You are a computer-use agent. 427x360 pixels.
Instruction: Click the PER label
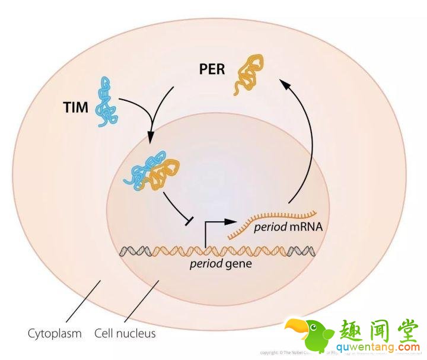click(x=211, y=69)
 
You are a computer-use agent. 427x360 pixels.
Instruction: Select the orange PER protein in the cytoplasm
click(x=248, y=74)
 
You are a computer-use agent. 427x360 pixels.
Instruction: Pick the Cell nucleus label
click(x=125, y=333)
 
